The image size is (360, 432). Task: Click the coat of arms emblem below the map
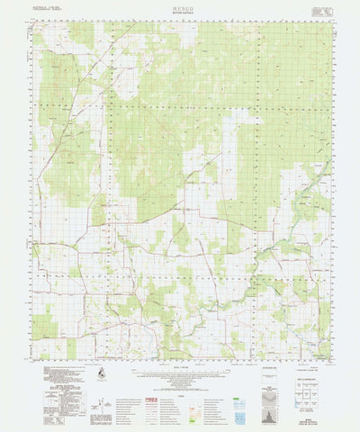[x=99, y=372]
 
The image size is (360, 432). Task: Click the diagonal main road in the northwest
[x=76, y=90]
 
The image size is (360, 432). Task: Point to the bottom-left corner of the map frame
[x=31, y=358]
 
